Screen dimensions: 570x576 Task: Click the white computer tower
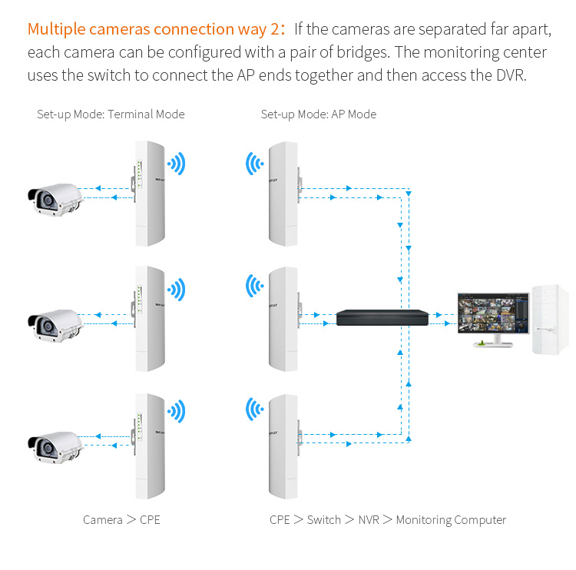coord(550,320)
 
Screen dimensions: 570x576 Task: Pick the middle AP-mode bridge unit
coord(282,319)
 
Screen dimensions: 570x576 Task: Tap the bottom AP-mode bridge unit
coord(282,446)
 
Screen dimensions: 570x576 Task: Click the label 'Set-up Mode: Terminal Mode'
coord(111,114)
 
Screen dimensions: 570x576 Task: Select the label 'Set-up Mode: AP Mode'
coord(318,114)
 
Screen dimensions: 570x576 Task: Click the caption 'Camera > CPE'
coord(121,520)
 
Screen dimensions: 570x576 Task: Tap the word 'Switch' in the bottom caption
coord(323,520)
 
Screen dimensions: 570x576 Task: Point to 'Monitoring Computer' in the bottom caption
coord(451,520)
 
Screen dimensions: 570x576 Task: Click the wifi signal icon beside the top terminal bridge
coord(177,163)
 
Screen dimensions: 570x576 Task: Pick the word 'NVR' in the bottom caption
coord(369,520)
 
